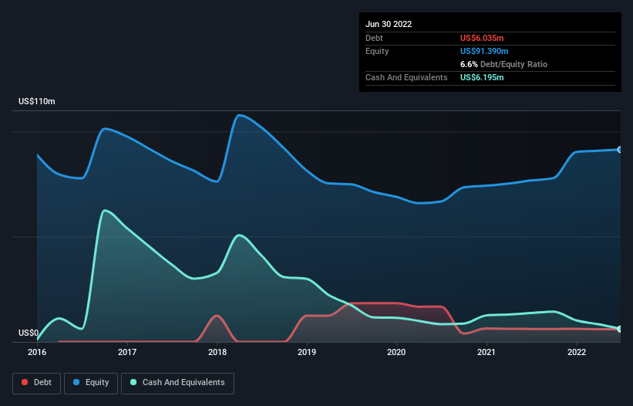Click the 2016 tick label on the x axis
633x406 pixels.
[x=37, y=353]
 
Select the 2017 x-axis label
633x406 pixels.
[x=127, y=353]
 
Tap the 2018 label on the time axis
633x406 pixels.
[x=217, y=353]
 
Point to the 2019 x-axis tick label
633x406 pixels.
[x=307, y=353]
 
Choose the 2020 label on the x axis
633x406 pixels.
[x=397, y=353]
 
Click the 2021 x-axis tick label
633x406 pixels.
[x=487, y=353]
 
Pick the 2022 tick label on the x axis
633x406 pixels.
[x=577, y=353]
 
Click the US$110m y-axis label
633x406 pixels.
[x=37, y=102]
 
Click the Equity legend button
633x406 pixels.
[x=92, y=382]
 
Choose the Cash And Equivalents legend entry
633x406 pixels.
[x=177, y=382]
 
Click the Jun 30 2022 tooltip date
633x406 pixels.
[x=389, y=24]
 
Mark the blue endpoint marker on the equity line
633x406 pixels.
[x=620, y=149]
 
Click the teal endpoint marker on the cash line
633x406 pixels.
[x=620, y=329]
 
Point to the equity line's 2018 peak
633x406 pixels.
[x=240, y=115]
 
